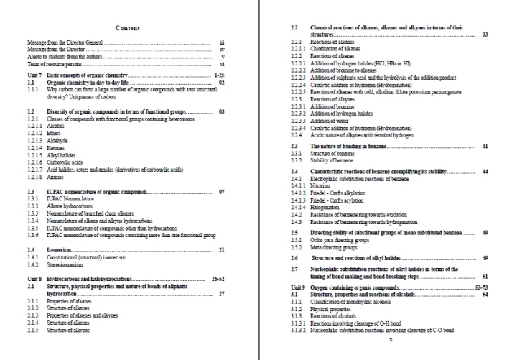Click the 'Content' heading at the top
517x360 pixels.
pos(126,27)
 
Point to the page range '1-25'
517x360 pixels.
pos(220,75)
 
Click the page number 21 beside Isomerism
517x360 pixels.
pos(222,249)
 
